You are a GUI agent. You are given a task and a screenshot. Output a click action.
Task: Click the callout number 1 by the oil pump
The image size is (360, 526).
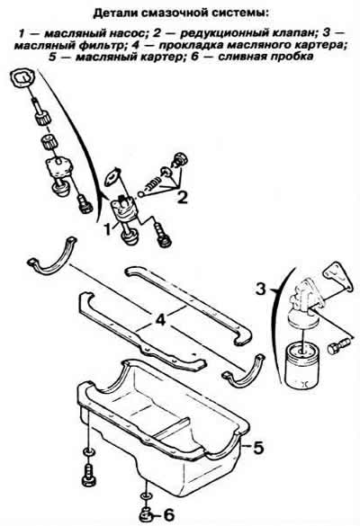point(107,230)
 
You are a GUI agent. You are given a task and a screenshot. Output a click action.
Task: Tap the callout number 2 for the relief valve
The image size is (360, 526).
point(182,197)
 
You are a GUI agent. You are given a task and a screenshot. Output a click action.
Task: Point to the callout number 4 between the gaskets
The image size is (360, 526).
point(160,320)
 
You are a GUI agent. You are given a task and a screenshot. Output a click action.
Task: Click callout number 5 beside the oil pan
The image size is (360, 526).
point(258,447)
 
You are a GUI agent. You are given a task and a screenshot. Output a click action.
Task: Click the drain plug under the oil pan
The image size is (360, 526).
point(145,514)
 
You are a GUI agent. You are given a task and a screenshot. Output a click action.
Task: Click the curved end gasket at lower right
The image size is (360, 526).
point(245,370)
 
